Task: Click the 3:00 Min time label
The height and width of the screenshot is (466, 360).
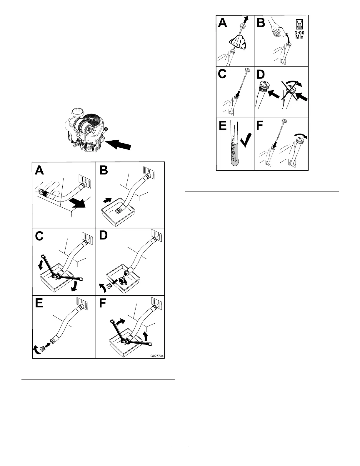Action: tap(299, 35)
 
